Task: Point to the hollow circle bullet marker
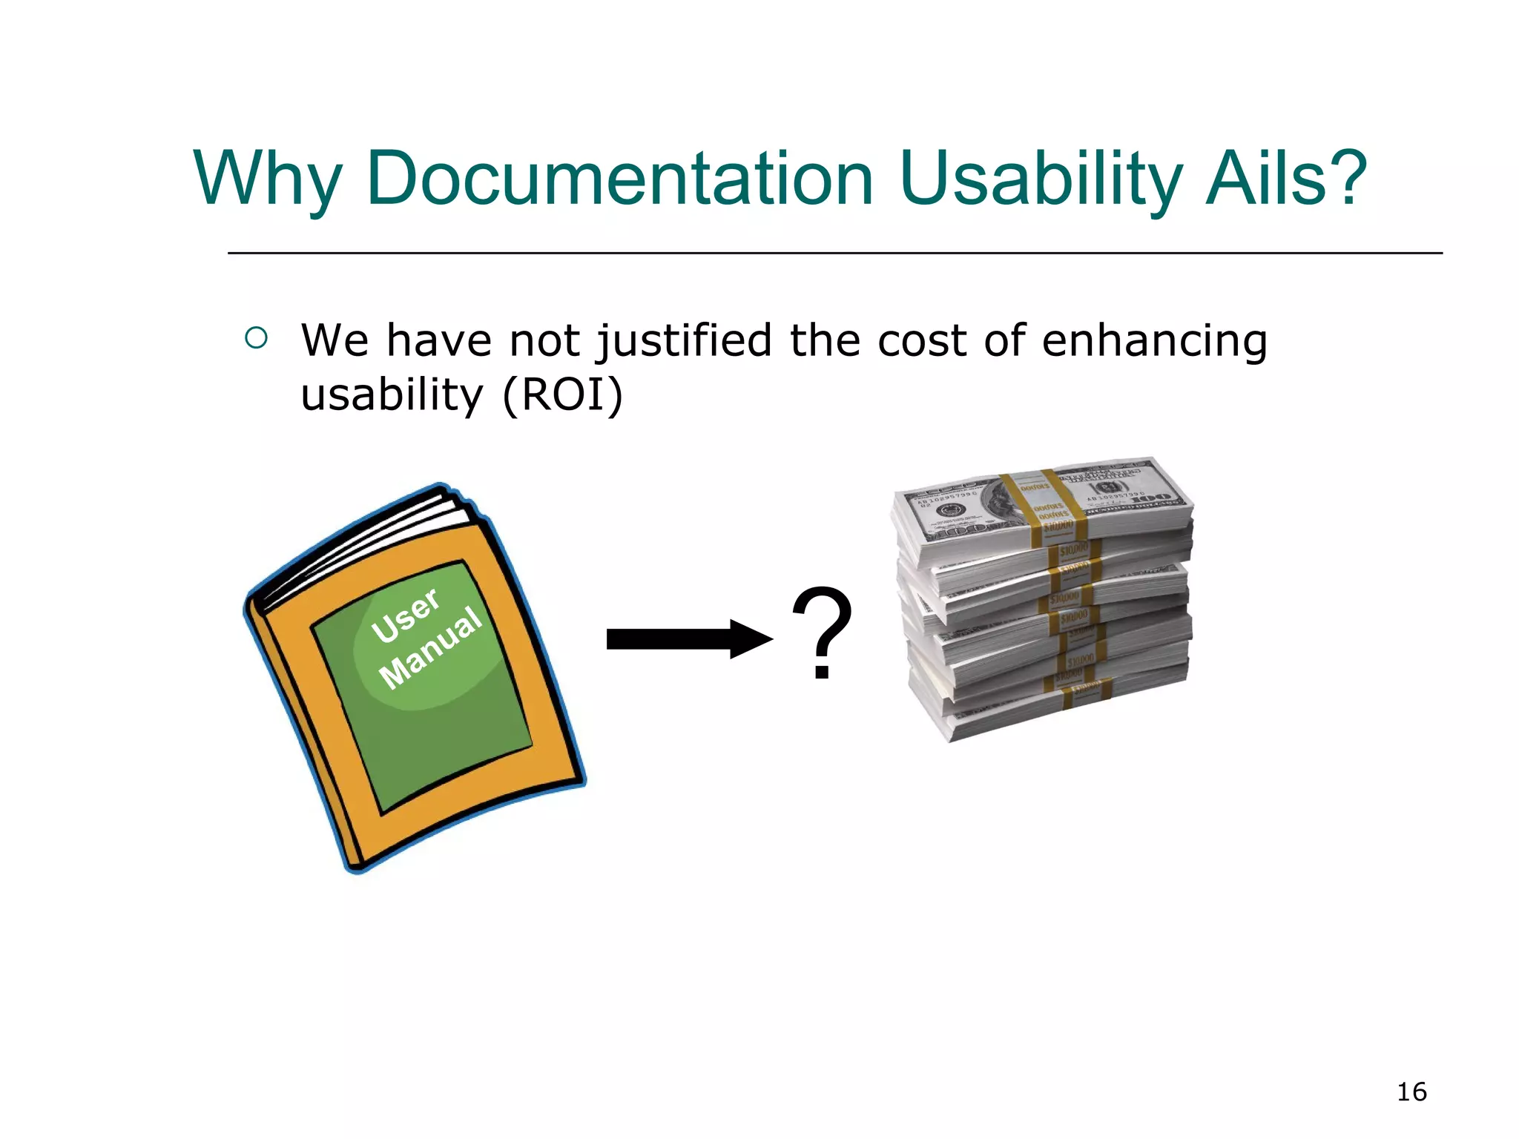point(256,339)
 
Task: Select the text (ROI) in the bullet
point(562,394)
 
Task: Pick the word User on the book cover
point(406,615)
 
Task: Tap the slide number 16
point(1411,1092)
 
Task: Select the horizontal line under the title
point(834,254)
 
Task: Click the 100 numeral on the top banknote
point(1152,498)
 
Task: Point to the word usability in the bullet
point(392,394)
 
